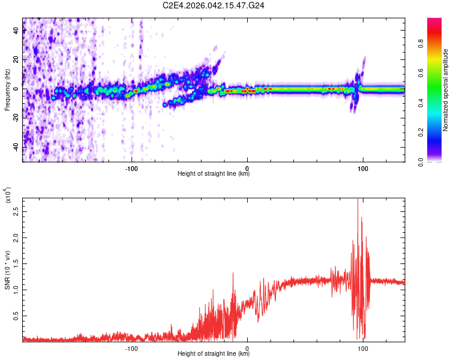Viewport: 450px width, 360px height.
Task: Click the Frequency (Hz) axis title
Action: tap(7, 90)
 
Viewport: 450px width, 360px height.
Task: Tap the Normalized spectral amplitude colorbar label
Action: tap(446, 90)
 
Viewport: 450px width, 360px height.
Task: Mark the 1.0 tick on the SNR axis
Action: tap(16, 289)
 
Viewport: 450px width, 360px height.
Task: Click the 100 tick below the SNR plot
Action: tap(363, 349)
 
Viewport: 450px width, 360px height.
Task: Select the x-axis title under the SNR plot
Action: tap(214, 355)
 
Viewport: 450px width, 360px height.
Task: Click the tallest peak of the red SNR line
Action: tap(358, 199)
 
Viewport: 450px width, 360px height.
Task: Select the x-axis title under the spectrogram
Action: tap(214, 175)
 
